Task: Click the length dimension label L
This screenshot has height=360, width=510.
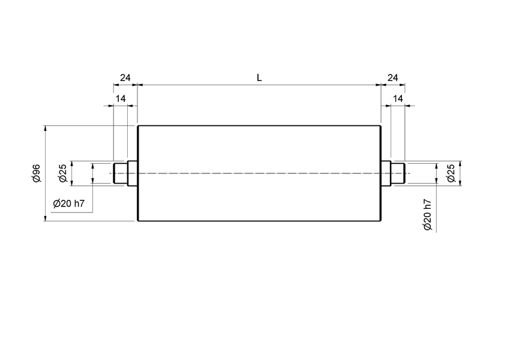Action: pos(259,77)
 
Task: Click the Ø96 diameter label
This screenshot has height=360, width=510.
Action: pos(36,173)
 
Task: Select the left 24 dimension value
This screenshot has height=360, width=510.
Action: pos(125,77)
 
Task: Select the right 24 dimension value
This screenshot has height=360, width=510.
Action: pos(393,77)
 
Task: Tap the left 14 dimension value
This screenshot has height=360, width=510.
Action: pos(121,98)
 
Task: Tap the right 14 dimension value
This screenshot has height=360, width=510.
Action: pos(398,98)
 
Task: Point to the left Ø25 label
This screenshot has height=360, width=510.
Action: pos(62,173)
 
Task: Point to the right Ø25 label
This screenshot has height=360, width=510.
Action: pos(451,173)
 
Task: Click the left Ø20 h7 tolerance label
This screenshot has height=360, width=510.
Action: pos(68,203)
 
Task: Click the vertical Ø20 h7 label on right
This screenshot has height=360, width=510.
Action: pos(427,215)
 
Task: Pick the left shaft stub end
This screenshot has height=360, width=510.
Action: pos(120,173)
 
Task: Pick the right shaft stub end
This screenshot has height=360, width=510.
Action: pos(398,173)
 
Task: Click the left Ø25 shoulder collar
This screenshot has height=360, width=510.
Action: pos(133,173)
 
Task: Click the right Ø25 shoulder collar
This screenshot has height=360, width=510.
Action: pos(386,173)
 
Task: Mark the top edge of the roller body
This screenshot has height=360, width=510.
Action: pos(259,125)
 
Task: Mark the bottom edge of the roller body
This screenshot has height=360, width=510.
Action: pos(259,221)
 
